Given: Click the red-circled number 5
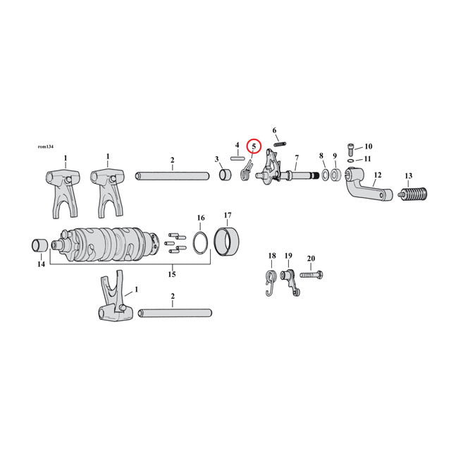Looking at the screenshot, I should tap(254, 147).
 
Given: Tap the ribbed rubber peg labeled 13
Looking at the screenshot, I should tap(413, 193).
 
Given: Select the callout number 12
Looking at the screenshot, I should tap(378, 175).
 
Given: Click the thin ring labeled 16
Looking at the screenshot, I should tap(200, 242).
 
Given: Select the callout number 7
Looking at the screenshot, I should tap(297, 157).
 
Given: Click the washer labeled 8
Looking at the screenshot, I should tap(326, 174).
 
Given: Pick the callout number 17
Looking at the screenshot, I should tap(228, 215).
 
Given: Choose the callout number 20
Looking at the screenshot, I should tap(311, 258).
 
